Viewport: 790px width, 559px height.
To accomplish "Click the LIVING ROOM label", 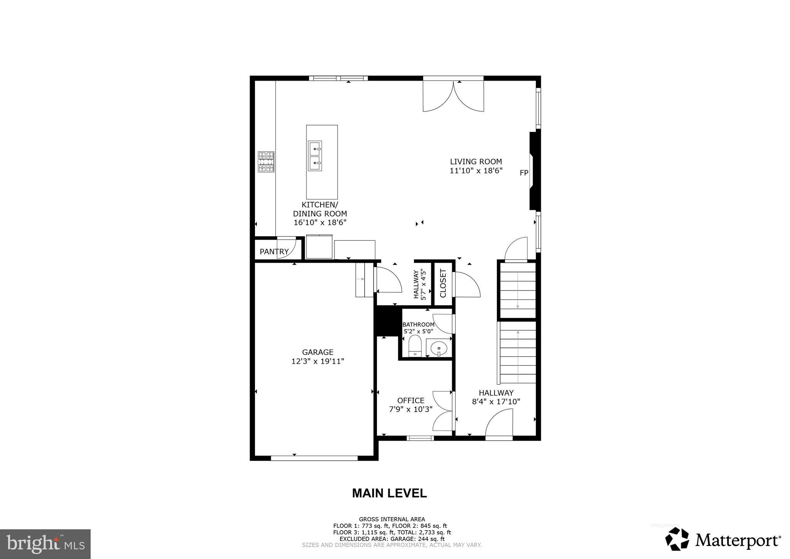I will (x=476, y=162).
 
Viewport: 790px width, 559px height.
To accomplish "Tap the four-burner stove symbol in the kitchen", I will (x=266, y=162).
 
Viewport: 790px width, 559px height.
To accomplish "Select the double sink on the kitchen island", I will (x=315, y=156).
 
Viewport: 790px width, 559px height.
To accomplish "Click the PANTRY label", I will (x=274, y=252).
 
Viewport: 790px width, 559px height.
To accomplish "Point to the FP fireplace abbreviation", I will (x=523, y=173).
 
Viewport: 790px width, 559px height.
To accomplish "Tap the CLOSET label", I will (x=443, y=283).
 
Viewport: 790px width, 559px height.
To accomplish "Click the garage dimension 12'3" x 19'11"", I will (x=317, y=361).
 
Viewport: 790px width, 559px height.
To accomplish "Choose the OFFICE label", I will (x=410, y=400).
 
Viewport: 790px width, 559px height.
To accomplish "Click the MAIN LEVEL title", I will (x=389, y=493).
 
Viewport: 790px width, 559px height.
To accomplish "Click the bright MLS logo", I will (x=45, y=544).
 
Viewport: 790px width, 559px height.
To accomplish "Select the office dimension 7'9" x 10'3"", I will (x=410, y=409).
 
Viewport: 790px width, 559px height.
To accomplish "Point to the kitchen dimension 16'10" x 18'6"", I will (x=320, y=223).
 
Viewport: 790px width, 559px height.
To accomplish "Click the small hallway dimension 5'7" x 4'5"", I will (x=424, y=284).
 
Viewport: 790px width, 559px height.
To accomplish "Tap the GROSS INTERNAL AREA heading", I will (x=392, y=519).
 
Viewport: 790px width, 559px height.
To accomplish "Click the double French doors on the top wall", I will (x=453, y=96).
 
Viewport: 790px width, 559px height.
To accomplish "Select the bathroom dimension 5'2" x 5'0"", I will (x=418, y=331).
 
